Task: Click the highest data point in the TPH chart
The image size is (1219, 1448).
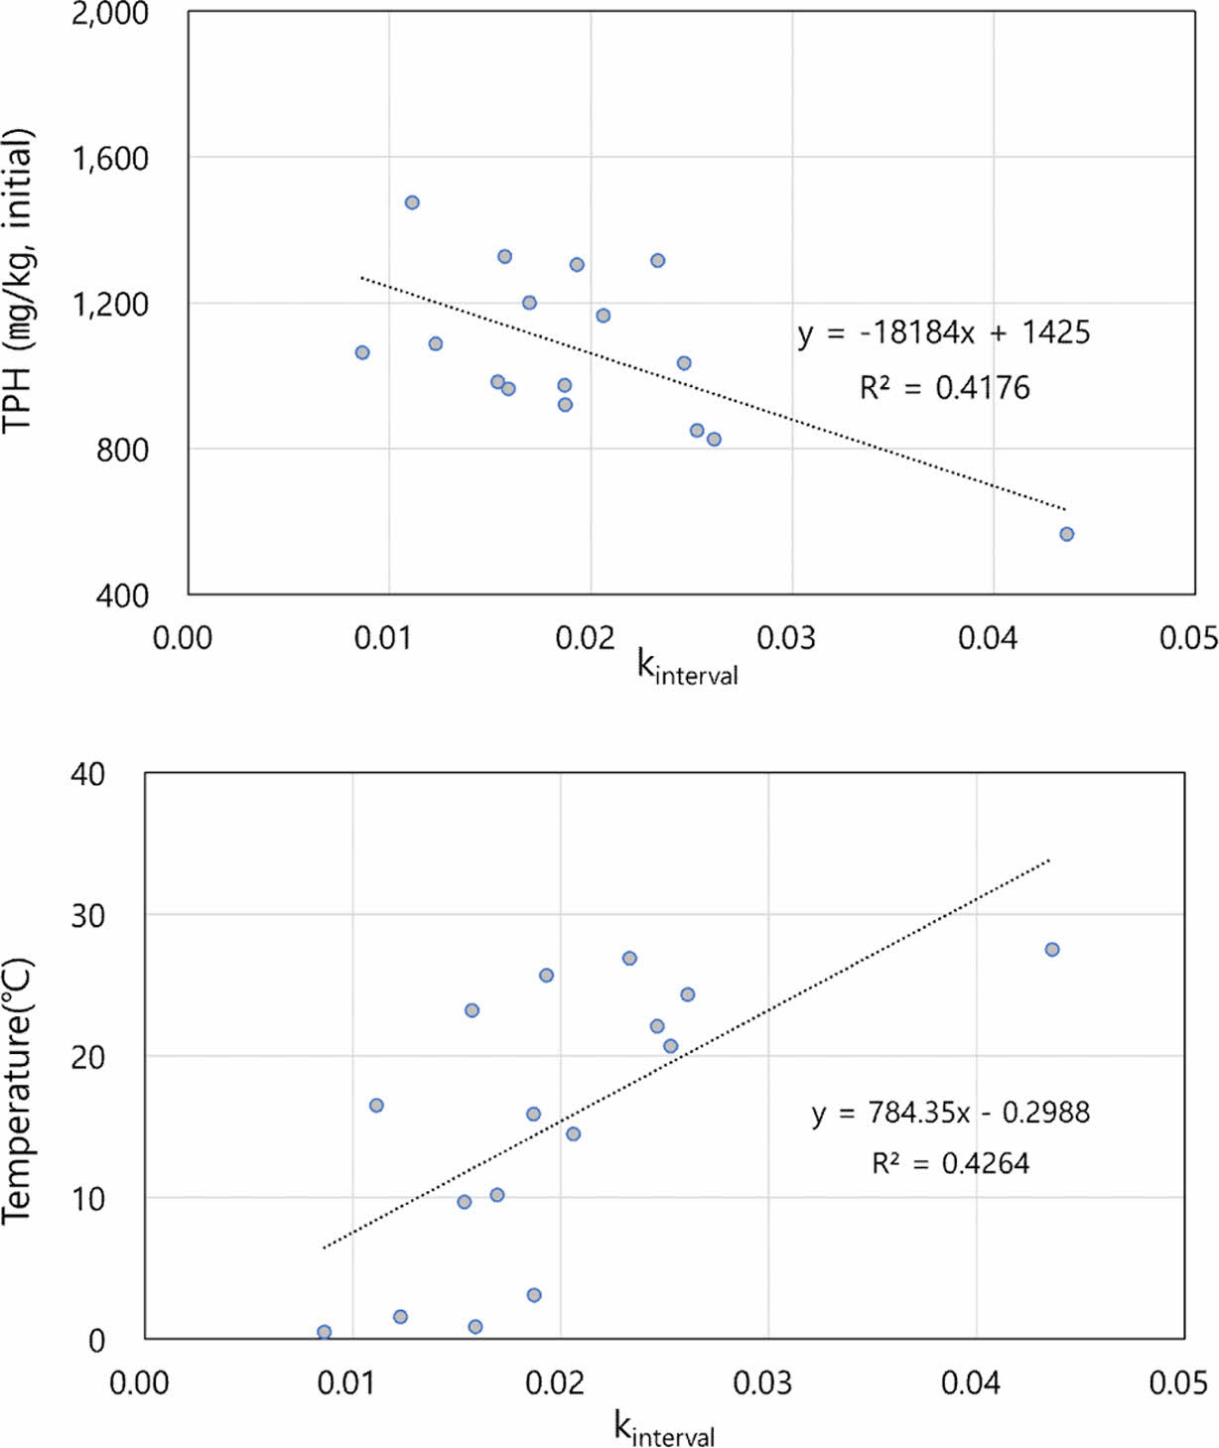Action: point(412,202)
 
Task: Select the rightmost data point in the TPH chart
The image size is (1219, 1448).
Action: point(1066,534)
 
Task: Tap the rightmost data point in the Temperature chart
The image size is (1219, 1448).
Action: point(1052,950)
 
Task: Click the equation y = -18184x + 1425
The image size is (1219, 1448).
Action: point(943,332)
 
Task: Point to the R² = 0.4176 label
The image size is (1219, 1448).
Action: point(944,388)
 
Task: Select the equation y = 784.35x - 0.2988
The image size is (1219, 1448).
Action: point(950,1113)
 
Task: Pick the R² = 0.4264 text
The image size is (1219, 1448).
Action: point(950,1163)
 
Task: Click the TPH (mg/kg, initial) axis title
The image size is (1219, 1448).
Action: point(20,281)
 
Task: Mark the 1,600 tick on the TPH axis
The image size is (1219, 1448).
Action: point(110,158)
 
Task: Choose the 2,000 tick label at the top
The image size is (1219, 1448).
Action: point(110,14)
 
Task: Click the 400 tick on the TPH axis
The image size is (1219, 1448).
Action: point(123,595)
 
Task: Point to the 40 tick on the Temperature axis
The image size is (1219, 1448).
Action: point(88,774)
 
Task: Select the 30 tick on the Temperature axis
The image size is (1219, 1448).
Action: point(88,915)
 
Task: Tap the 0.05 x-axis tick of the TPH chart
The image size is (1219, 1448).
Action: point(1188,638)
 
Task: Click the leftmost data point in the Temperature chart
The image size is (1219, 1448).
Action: point(324,1332)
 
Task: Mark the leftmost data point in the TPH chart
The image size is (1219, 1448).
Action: point(362,352)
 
